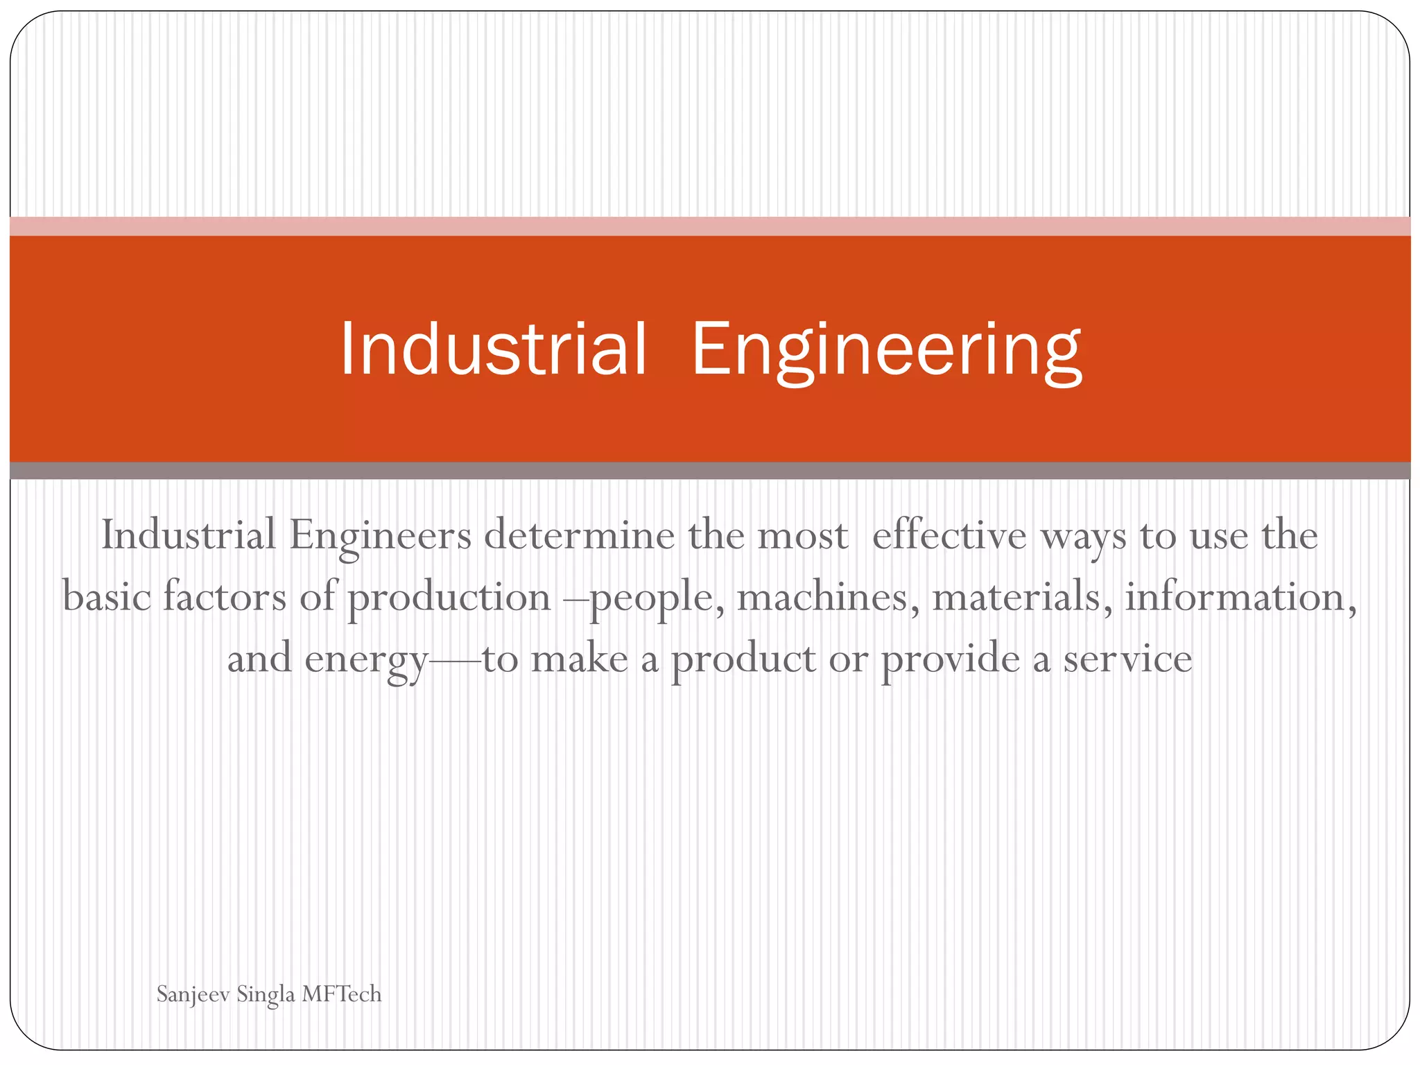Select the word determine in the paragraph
click(579, 535)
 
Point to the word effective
click(949, 535)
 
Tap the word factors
click(224, 596)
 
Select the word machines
click(822, 596)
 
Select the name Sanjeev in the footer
click(193, 994)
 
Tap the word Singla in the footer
click(266, 994)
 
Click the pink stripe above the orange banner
click(710, 226)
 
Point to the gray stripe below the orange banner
click(710, 471)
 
